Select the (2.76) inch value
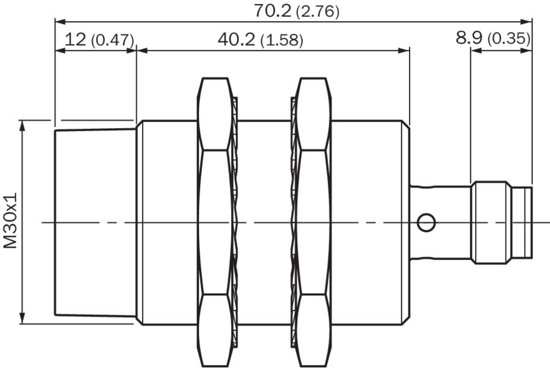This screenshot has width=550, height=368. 318,12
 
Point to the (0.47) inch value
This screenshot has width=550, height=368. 112,41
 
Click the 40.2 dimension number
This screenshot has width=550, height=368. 236,39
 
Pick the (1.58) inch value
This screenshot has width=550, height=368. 281,41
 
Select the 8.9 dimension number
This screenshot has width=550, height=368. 469,37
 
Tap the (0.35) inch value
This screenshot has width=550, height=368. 509,39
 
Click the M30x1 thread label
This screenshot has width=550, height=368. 10,221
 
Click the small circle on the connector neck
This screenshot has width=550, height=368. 427,222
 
